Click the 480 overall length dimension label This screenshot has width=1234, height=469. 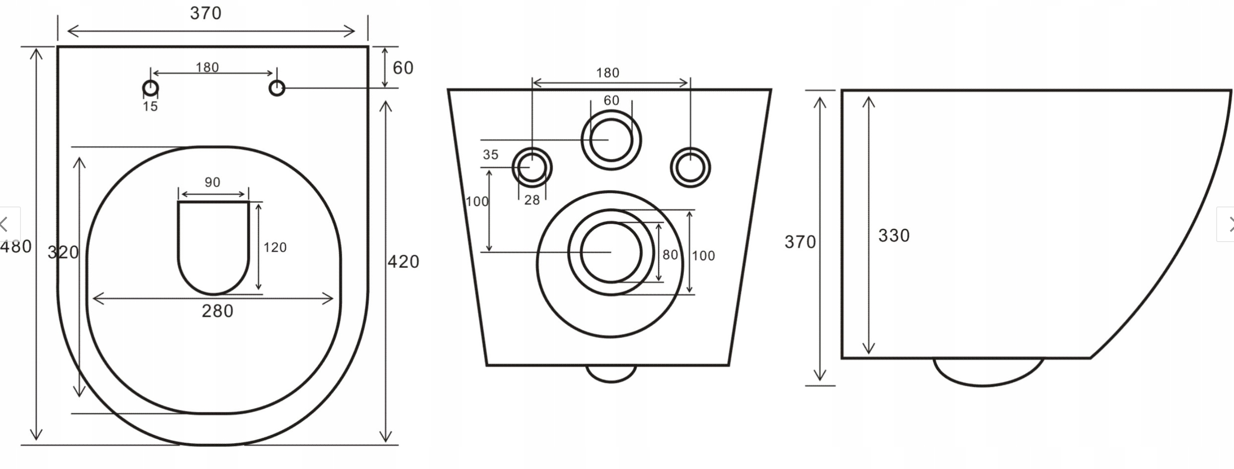pos(16,247)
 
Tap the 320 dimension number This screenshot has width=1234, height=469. pos(63,253)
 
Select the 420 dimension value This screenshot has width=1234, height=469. pos(403,262)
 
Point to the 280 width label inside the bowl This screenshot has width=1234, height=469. pos(217,311)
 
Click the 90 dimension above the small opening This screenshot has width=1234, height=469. pos(213,183)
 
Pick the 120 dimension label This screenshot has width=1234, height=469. pos(275,247)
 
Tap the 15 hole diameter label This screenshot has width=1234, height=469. pos(150,106)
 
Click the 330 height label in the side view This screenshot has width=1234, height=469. pos(894,235)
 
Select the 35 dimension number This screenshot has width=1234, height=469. pos(491,155)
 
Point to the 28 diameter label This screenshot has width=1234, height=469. pos(532,200)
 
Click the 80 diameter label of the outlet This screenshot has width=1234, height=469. pos(670,255)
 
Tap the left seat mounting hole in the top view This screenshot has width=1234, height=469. pos(151,88)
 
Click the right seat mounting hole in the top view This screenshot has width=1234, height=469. pos(277,88)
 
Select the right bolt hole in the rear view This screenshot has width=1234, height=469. pos(690,167)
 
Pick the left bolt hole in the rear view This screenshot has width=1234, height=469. pos(532,167)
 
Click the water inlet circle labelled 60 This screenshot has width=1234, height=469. pos(611,140)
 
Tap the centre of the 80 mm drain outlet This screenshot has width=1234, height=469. pos(611,252)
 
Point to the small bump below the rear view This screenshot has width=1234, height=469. pos(611,373)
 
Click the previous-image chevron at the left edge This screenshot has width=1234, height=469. pos(5,224)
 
